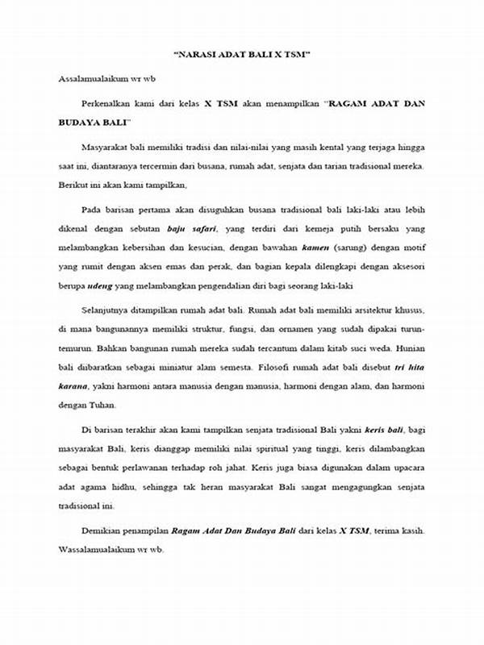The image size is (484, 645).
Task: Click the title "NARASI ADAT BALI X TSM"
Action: click(242, 56)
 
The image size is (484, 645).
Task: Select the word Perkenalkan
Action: click(108, 103)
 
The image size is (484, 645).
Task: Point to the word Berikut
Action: click(74, 184)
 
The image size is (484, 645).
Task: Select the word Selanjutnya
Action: click(109, 310)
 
